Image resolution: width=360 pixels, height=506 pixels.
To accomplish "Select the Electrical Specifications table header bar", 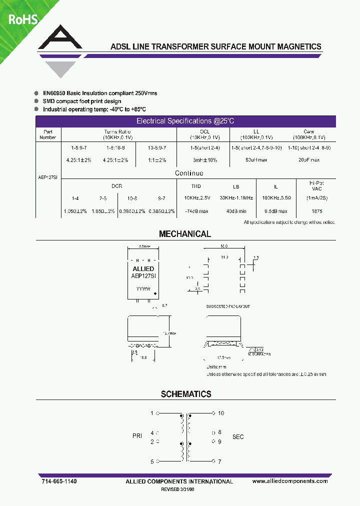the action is (185, 121).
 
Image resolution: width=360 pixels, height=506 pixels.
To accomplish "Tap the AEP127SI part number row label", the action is (48, 177).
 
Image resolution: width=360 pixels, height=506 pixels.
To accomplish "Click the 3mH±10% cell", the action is (204, 160).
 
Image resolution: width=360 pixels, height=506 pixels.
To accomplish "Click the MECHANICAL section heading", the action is (185, 234).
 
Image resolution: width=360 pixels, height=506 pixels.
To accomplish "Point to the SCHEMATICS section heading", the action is (186, 394).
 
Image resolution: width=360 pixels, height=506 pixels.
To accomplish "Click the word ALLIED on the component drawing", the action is (143, 269).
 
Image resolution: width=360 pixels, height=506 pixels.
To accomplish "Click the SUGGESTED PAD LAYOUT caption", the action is (227, 306).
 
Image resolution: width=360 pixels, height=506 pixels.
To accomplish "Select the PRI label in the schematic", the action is (137, 436).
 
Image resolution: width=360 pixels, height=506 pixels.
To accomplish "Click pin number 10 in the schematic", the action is (221, 413).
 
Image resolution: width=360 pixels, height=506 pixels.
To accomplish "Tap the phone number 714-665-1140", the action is (58, 481).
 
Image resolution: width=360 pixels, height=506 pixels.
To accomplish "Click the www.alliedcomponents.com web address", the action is (290, 481).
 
